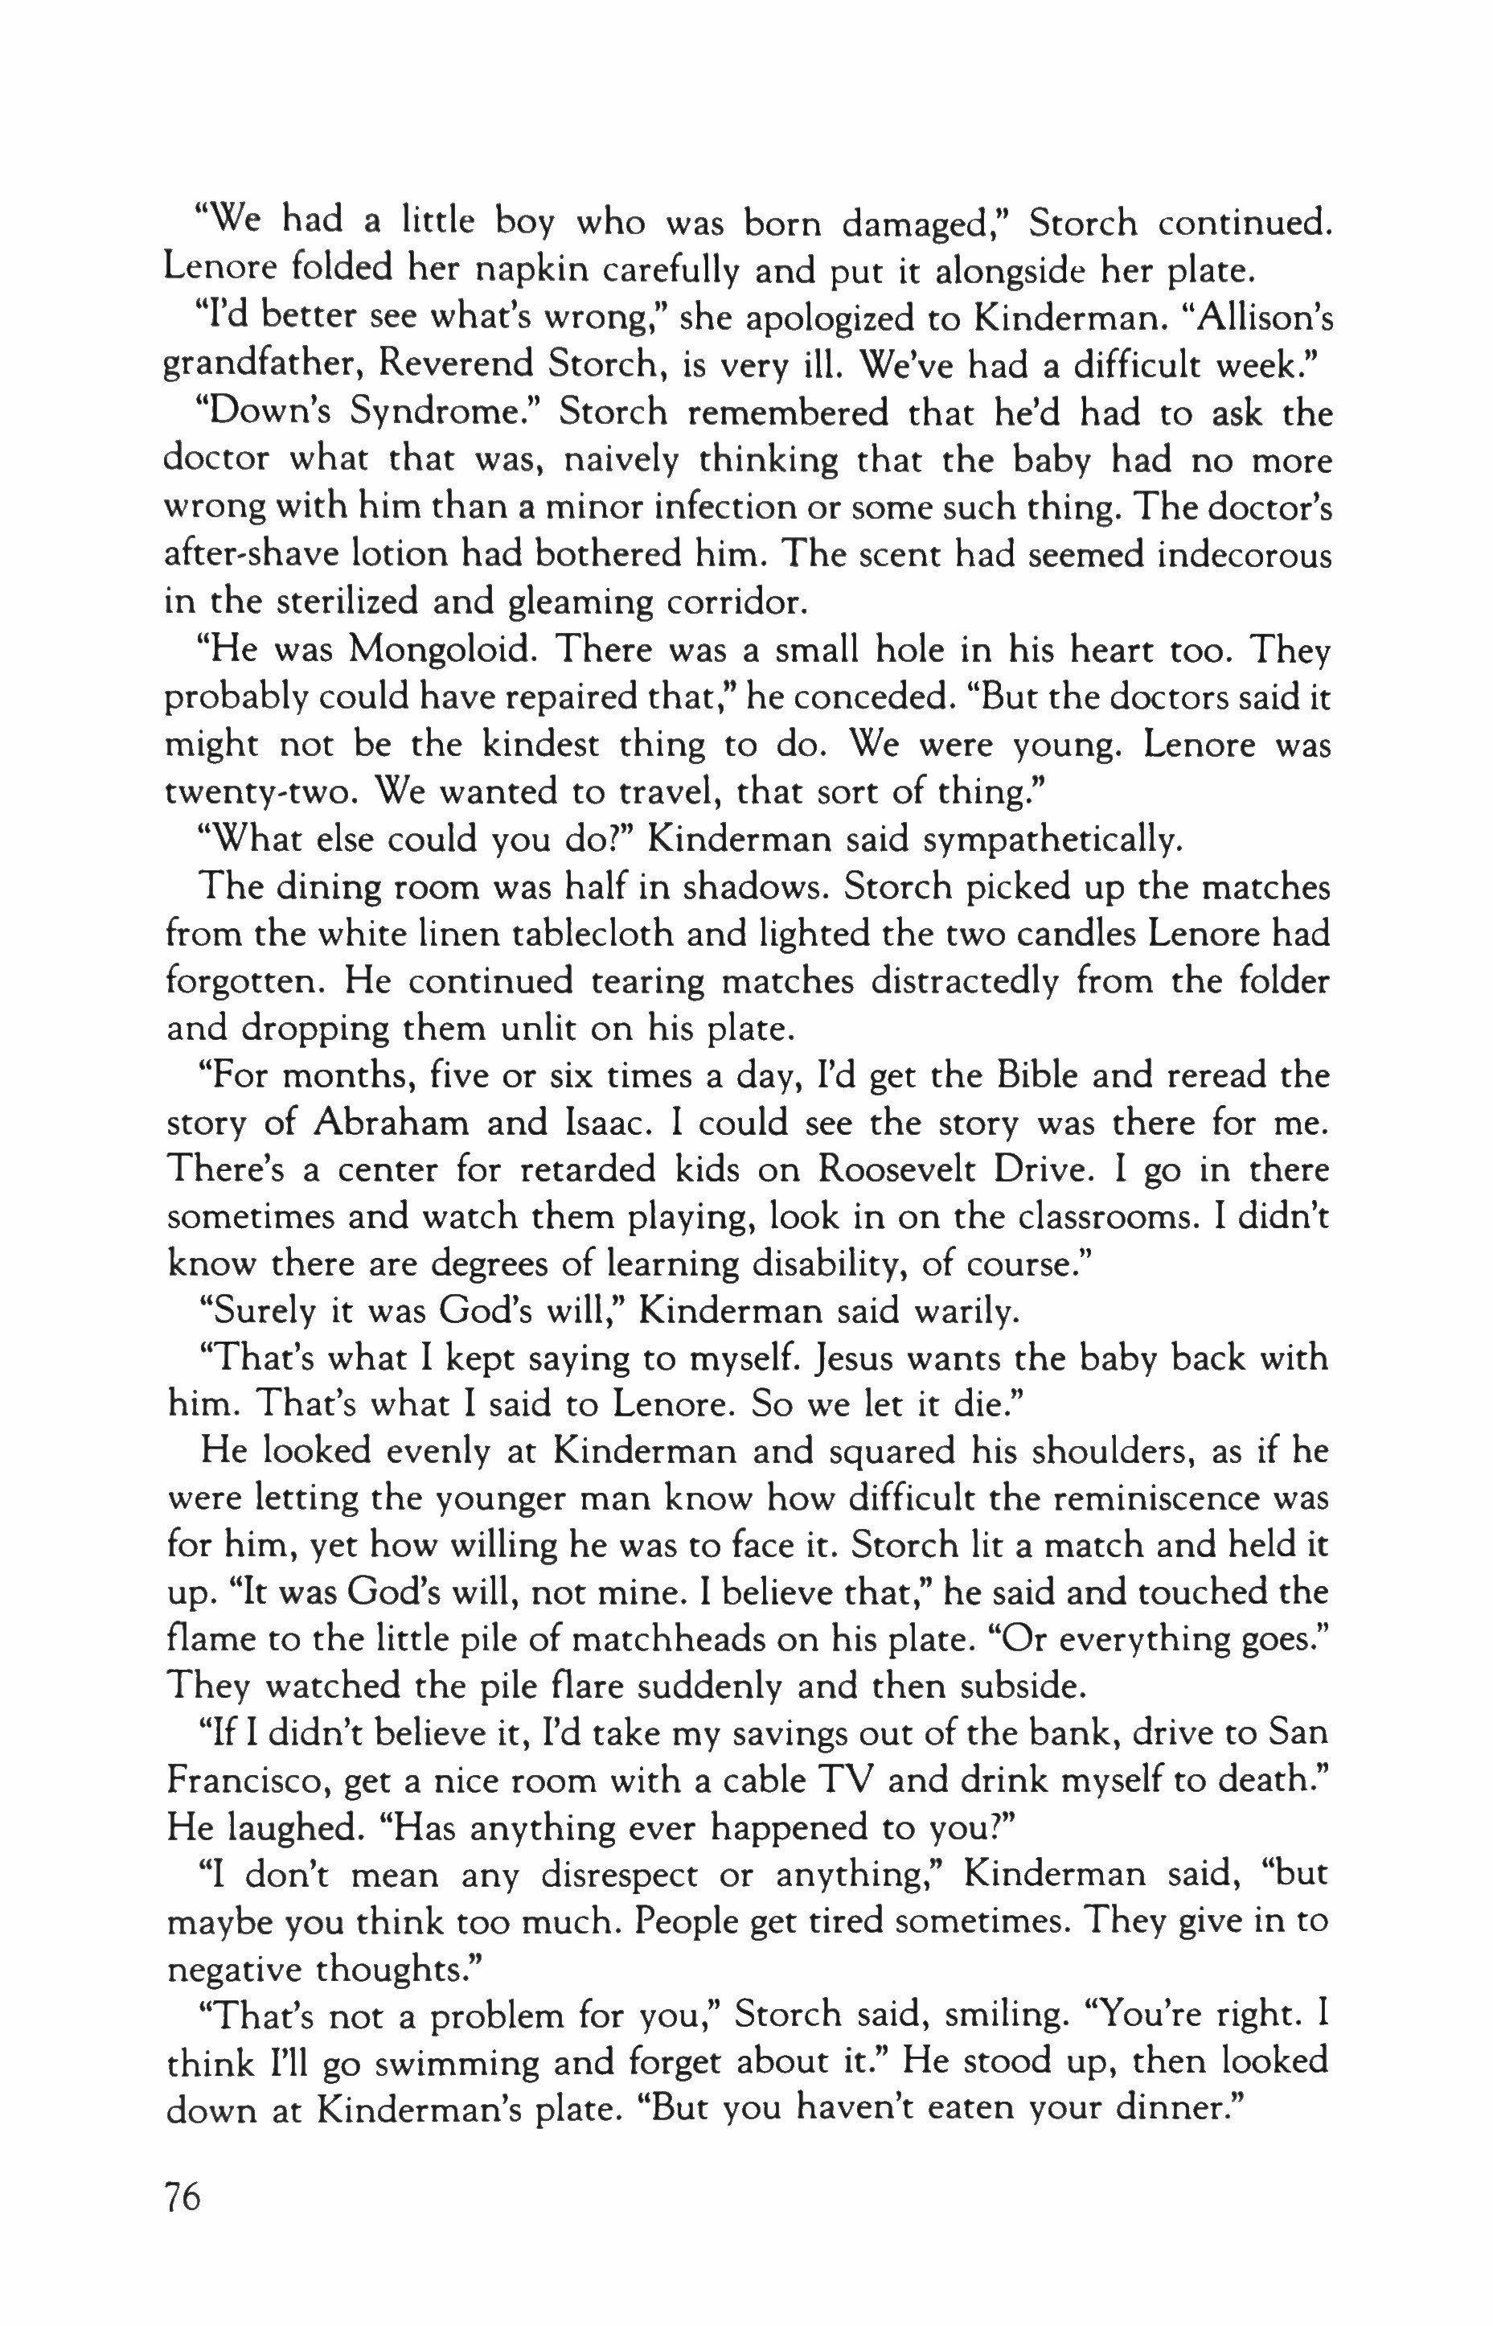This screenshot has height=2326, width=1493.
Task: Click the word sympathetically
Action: (1053, 839)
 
